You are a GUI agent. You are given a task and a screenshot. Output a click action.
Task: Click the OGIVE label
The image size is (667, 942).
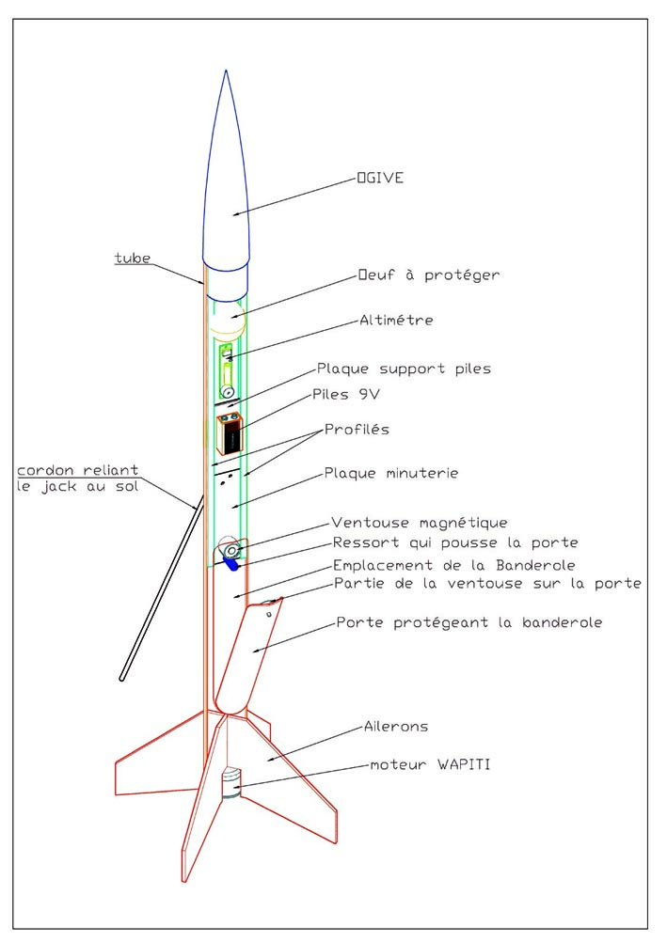coord(380,178)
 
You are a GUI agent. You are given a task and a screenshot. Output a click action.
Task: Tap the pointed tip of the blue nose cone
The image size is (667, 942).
coord(226,71)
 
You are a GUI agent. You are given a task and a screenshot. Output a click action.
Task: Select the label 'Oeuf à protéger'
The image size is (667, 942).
coord(429,275)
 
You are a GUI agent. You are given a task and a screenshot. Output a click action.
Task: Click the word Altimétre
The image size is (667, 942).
coord(396,321)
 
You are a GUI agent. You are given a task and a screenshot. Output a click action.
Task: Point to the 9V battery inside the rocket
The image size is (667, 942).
coord(230,433)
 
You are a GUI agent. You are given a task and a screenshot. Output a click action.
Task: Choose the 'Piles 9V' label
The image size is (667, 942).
coord(346,395)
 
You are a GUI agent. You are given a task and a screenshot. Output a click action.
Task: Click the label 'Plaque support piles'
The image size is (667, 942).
coord(405,369)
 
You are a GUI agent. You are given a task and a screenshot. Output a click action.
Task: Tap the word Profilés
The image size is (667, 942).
coord(357,430)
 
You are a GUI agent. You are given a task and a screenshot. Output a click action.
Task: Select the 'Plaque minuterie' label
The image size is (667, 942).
coord(391,474)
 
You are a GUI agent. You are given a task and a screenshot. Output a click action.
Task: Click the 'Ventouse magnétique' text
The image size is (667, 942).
coord(420,524)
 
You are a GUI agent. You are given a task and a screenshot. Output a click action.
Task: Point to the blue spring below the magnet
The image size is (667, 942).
coord(230,563)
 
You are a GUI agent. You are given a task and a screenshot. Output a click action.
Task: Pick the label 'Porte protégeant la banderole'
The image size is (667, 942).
coord(469,622)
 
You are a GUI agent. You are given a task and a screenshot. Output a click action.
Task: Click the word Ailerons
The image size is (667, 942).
coord(396,727)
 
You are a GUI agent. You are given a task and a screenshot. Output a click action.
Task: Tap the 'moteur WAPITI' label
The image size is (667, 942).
coord(430,764)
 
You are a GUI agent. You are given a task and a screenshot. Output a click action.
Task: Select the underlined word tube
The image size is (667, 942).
coord(133,259)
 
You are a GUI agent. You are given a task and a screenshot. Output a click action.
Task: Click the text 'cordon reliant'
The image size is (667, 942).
coord(77,470)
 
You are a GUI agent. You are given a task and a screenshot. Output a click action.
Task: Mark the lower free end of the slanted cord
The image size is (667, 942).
coord(121,678)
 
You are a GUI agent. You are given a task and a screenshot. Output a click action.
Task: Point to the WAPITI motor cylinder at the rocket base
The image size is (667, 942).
coord(230,783)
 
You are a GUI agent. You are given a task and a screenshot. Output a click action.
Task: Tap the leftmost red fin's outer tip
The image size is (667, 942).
coord(116,794)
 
